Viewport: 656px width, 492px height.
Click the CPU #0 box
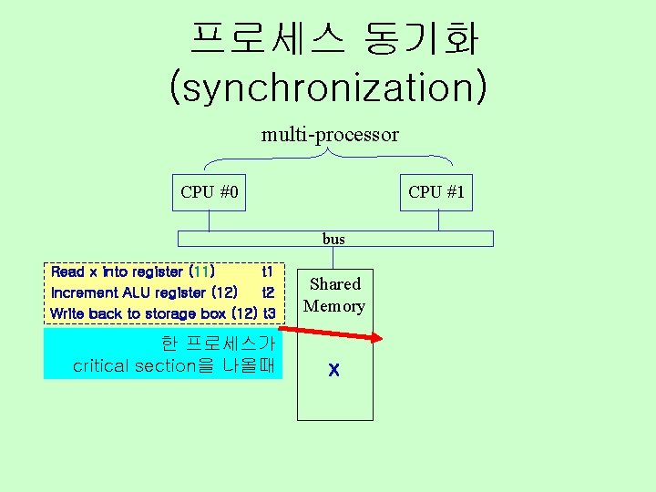[x=210, y=192]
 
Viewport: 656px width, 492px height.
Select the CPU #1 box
[x=436, y=192]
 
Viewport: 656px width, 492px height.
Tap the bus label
[x=333, y=239]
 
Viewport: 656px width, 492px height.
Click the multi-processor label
[x=330, y=135]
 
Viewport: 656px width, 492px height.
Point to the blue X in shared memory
[x=334, y=371]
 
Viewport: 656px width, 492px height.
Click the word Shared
[x=334, y=284]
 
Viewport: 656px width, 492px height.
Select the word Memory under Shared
[x=334, y=306]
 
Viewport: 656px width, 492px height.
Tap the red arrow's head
[x=377, y=341]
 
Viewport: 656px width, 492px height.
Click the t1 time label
[x=267, y=272]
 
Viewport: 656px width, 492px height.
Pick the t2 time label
[x=268, y=292]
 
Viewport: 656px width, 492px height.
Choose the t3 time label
[x=269, y=313]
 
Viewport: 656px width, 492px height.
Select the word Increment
[x=85, y=292]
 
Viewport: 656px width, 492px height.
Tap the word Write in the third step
[x=68, y=313]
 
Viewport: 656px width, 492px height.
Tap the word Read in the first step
[x=67, y=272]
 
